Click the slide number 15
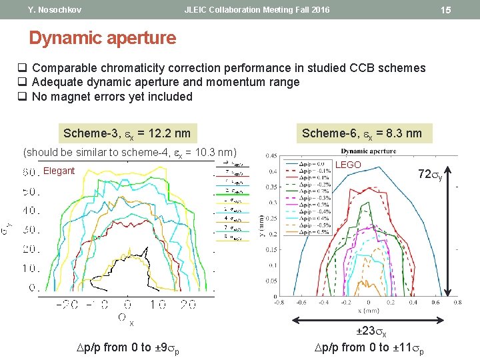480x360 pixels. [x=446, y=10]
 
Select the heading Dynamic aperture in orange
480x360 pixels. [x=102, y=38]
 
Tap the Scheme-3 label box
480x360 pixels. [x=127, y=133]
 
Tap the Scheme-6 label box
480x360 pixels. [x=362, y=133]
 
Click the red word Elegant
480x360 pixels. [x=59, y=171]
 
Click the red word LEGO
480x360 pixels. [x=348, y=165]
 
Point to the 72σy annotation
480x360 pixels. [x=429, y=175]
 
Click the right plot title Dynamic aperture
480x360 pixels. [x=368, y=151]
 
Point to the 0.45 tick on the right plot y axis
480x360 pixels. [x=272, y=157]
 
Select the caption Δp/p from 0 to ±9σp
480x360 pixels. [x=128, y=347]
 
